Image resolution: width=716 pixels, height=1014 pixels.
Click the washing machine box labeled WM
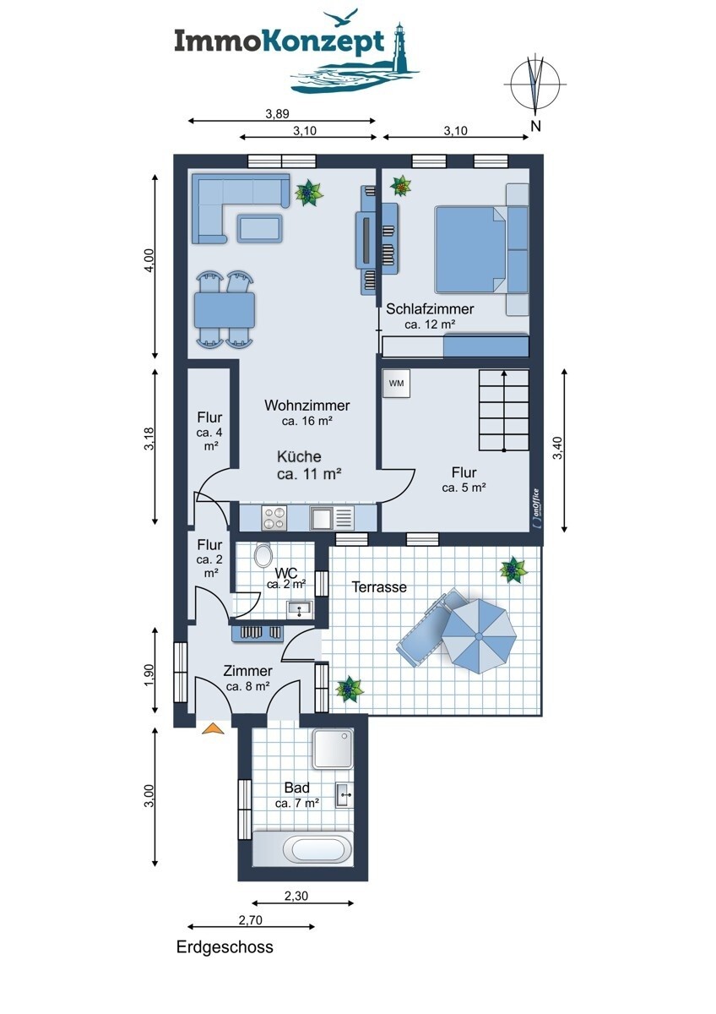(x=396, y=384)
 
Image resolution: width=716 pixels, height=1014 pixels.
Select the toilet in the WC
(x=263, y=555)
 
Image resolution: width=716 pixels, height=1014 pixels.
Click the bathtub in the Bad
(x=303, y=848)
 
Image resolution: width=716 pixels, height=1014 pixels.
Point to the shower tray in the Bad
(x=333, y=749)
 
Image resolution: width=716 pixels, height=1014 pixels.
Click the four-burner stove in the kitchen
(x=274, y=518)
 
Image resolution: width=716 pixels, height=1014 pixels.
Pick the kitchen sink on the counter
(x=332, y=518)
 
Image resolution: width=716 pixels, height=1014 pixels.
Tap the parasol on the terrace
(x=479, y=636)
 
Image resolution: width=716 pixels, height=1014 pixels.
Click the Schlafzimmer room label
(x=430, y=309)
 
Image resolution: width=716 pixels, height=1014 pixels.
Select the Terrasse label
(x=379, y=587)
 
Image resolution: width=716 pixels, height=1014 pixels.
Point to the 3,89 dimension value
(x=277, y=113)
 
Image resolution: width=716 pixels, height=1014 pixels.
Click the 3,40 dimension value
(x=558, y=448)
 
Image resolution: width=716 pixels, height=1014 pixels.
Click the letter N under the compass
(x=536, y=126)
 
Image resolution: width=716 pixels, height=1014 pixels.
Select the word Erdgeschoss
(x=225, y=947)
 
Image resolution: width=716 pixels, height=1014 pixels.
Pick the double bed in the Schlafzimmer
(x=471, y=250)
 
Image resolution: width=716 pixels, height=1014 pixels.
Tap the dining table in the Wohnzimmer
(x=225, y=311)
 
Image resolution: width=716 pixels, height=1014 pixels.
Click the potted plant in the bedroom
(x=401, y=186)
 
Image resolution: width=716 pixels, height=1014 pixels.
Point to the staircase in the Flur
(x=504, y=410)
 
